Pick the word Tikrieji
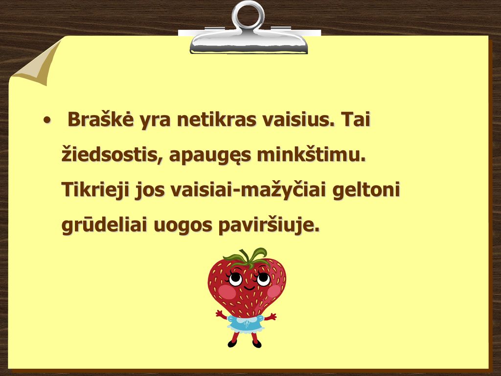click(95, 190)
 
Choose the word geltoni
click(366, 190)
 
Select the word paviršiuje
click(269, 225)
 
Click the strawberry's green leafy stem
click(246, 258)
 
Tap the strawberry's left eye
click(235, 279)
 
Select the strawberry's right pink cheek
click(274, 291)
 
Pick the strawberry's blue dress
click(246, 324)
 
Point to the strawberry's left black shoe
click(232, 343)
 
